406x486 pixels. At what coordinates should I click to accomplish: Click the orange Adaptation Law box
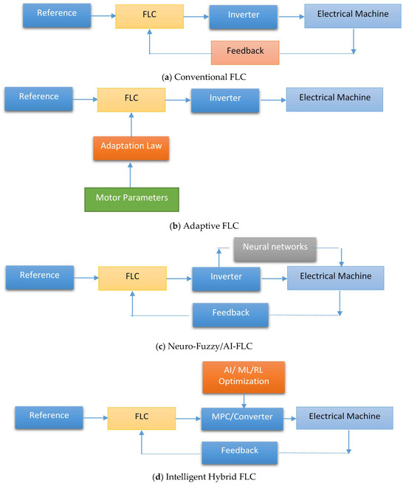(x=131, y=148)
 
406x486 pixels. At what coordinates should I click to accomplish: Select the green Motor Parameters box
(x=131, y=199)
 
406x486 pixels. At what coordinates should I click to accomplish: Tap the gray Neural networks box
(x=275, y=250)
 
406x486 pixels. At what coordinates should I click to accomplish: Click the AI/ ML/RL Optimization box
(x=244, y=377)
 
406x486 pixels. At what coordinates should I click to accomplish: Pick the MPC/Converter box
(x=242, y=419)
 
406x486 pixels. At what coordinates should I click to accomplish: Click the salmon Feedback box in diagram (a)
(x=245, y=52)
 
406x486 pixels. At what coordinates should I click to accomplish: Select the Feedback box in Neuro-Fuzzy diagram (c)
(x=230, y=315)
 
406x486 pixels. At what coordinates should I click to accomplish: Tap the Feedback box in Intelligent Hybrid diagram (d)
(x=239, y=453)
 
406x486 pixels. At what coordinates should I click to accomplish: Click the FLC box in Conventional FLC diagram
(x=150, y=16)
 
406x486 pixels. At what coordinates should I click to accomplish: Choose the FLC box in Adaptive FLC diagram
(x=131, y=100)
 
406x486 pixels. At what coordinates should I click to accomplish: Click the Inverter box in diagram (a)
(x=244, y=17)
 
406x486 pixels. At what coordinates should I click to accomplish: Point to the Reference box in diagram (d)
(x=49, y=417)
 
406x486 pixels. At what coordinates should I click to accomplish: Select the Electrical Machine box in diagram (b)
(x=334, y=100)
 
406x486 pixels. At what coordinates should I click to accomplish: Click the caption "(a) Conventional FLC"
(x=204, y=77)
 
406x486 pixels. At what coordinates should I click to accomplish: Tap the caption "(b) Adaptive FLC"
(x=204, y=226)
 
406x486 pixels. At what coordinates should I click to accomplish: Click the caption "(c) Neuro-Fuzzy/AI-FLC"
(x=204, y=346)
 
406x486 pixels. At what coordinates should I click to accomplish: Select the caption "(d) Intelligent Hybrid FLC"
(x=204, y=476)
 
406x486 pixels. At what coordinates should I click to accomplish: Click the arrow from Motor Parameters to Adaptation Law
(x=131, y=175)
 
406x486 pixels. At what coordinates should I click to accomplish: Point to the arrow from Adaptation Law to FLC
(x=131, y=125)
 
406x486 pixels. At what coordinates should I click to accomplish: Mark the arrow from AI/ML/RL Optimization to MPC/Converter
(x=244, y=401)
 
